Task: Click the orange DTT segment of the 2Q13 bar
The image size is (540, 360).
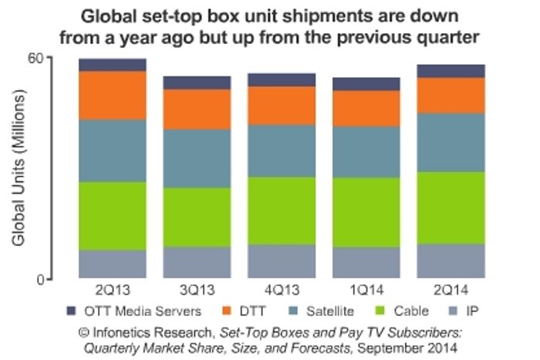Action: [113, 95]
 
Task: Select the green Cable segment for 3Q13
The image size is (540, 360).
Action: [197, 217]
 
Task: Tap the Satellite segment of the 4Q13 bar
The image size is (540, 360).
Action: [281, 150]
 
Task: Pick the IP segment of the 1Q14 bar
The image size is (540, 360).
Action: [366, 261]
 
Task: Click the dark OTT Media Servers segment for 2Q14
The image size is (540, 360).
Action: [451, 71]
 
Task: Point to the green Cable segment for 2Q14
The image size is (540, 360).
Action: [451, 207]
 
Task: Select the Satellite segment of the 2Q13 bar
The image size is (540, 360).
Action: [113, 150]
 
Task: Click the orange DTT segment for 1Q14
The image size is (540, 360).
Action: [366, 108]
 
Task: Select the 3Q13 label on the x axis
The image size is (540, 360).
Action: [197, 291]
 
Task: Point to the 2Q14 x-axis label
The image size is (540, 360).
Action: [451, 291]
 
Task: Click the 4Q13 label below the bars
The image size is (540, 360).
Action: [281, 291]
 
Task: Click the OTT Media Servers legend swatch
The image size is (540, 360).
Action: [72, 311]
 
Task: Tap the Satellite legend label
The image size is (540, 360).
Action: [329, 311]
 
